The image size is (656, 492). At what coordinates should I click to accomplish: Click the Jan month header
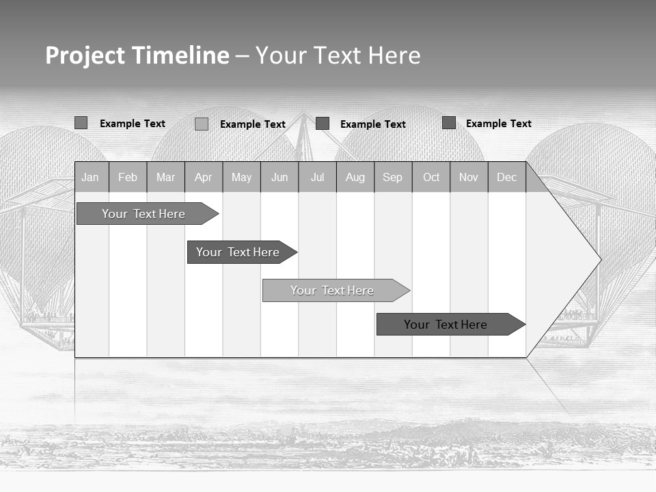(90, 178)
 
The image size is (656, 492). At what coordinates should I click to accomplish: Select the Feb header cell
(128, 178)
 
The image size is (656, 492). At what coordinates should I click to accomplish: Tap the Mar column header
(165, 178)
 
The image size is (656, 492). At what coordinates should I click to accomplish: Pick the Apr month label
(203, 178)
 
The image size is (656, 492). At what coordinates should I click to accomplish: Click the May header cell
(241, 178)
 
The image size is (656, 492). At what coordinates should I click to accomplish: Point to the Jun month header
(279, 178)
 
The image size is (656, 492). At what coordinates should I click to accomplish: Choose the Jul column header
(317, 178)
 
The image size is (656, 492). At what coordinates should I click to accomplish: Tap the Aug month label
(355, 178)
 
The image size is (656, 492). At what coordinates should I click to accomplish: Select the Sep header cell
(392, 178)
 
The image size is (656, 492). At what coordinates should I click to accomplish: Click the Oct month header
(431, 178)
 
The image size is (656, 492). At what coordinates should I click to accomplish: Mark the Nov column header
(469, 178)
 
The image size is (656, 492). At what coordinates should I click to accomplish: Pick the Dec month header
(506, 178)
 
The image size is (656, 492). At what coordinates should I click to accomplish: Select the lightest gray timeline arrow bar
(332, 290)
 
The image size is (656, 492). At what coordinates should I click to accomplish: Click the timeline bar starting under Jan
(143, 214)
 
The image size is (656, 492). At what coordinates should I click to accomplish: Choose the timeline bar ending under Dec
(446, 325)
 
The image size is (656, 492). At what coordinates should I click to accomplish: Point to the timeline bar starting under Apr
(238, 252)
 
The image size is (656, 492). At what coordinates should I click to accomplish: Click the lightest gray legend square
(202, 124)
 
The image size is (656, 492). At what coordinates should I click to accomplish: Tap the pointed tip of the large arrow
(599, 260)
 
